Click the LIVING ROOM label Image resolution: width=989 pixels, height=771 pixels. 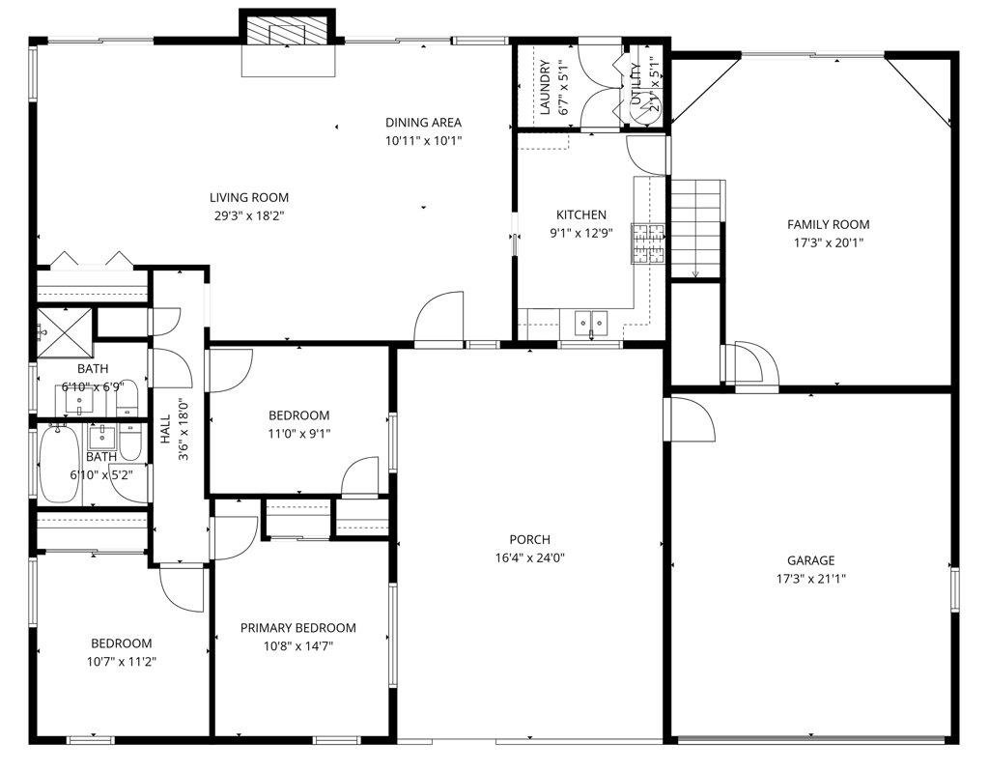pos(249,198)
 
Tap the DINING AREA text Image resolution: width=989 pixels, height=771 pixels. pos(423,123)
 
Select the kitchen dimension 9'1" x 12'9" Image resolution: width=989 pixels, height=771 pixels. pos(580,232)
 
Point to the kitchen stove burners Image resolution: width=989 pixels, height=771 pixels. pos(649,243)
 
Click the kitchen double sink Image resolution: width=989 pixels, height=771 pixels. pos(590,321)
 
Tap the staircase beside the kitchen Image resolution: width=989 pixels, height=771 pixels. pos(696,223)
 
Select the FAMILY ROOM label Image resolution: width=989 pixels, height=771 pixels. pos(828,224)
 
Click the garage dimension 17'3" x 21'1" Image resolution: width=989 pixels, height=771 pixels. pos(810,579)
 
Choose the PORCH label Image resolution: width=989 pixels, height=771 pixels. pos(530,539)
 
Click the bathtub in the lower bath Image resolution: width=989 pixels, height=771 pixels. pos(60,464)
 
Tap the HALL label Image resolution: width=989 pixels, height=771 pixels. pos(165,430)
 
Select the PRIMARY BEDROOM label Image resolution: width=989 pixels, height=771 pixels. pos(297,628)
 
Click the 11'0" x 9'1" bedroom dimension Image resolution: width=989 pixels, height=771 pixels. pos(298,434)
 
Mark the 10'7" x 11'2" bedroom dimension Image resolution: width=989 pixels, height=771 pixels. pos(122,662)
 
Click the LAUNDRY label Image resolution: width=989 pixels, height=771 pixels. pos(546,88)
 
